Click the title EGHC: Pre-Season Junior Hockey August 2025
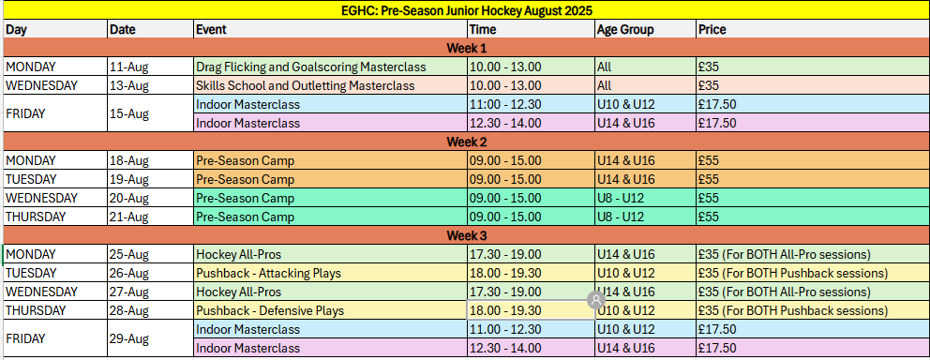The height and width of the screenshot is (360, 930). (468, 10)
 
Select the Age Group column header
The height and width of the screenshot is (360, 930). (625, 30)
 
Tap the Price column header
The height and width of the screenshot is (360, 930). (712, 30)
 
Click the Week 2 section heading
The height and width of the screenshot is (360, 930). (466, 142)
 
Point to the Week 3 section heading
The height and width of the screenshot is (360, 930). (466, 235)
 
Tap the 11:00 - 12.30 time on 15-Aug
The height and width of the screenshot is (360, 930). (505, 104)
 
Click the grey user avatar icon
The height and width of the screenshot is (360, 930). (595, 299)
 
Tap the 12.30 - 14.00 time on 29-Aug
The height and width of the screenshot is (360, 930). (505, 348)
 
